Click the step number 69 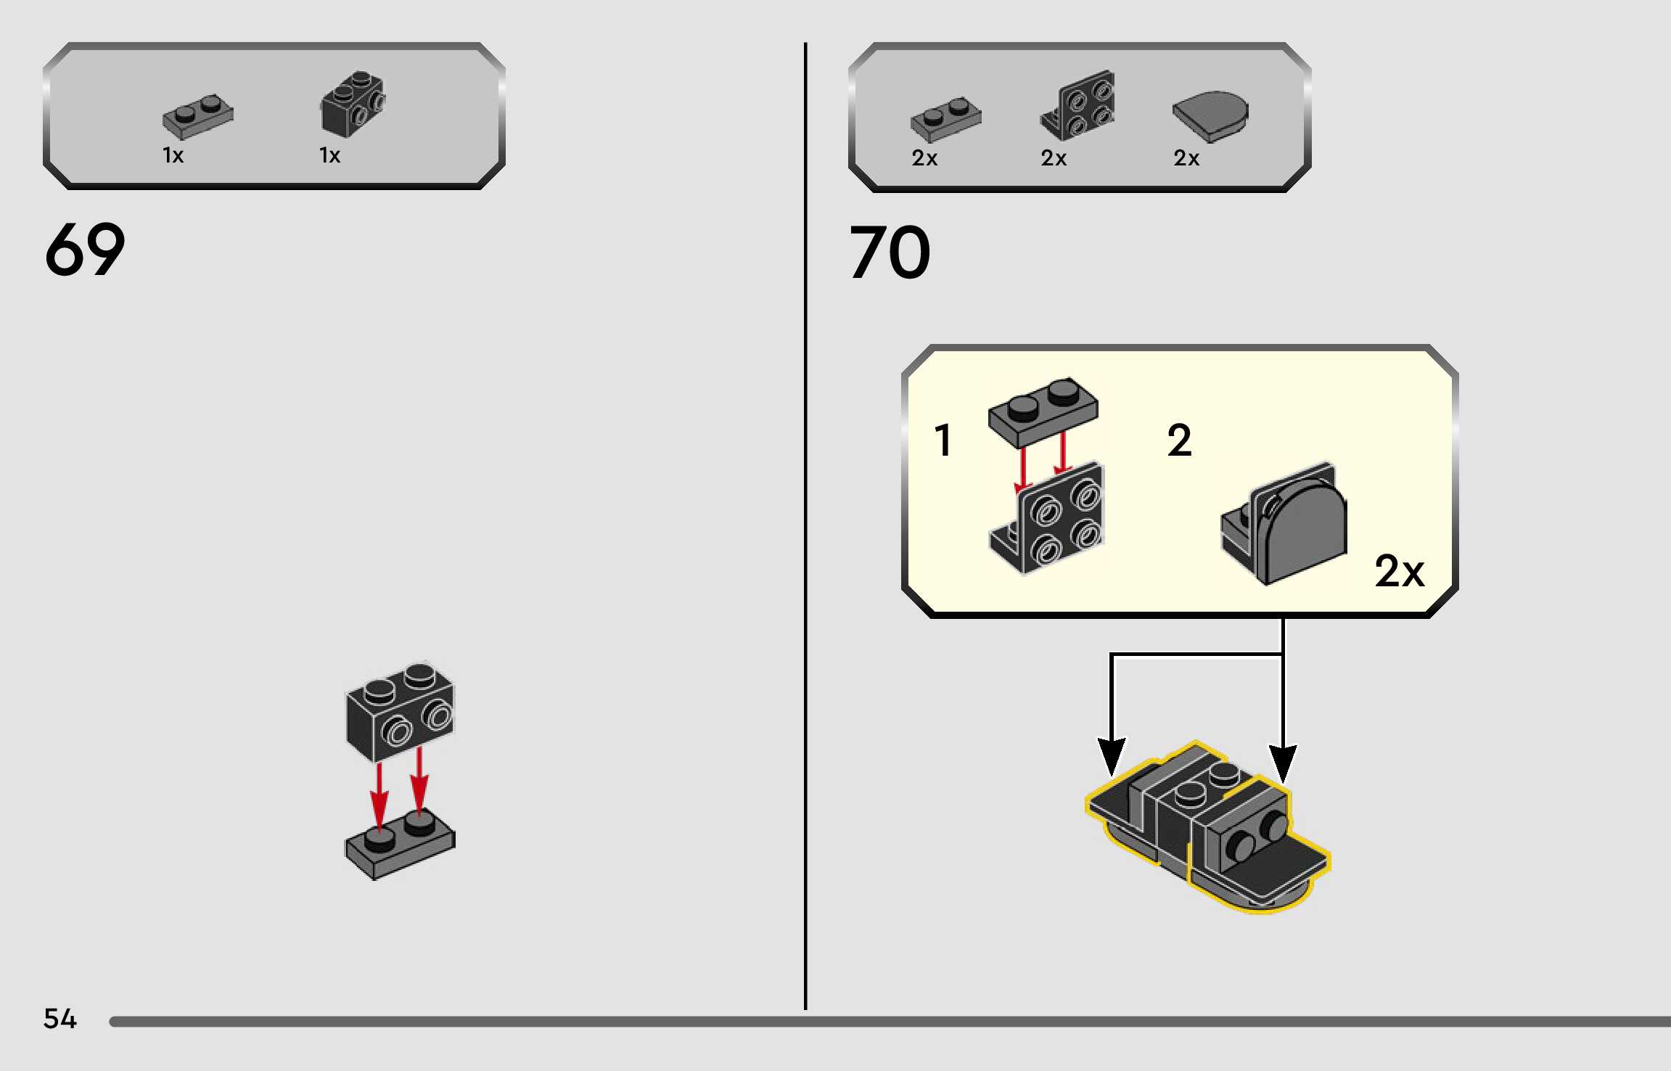click(84, 250)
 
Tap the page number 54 click(59, 1019)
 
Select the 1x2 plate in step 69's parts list click(197, 116)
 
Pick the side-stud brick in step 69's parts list click(353, 103)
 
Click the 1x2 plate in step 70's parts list click(945, 119)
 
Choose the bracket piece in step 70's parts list click(1078, 106)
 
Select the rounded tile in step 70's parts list click(1210, 116)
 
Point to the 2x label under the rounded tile click(1186, 158)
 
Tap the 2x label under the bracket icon click(1054, 158)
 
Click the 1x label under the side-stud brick click(329, 155)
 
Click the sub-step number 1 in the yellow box click(943, 440)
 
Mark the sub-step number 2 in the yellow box click(1179, 440)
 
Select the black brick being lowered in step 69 click(400, 711)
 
